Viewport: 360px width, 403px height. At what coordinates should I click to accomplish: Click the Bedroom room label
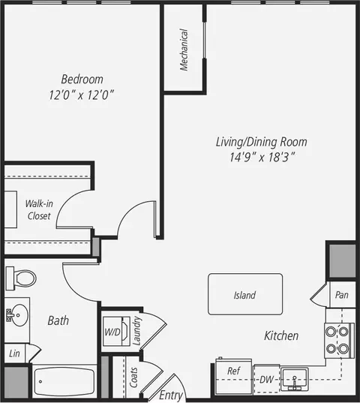(82, 79)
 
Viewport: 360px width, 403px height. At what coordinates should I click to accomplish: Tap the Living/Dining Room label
(250, 141)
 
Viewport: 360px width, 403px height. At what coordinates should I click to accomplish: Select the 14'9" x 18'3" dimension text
(250, 157)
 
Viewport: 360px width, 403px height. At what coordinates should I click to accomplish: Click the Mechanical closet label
(184, 50)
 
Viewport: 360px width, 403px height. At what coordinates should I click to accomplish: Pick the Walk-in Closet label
(38, 209)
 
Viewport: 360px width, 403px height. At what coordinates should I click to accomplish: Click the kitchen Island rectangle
(245, 294)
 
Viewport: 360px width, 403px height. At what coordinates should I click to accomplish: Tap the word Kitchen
(281, 335)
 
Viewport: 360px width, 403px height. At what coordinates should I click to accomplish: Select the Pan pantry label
(342, 295)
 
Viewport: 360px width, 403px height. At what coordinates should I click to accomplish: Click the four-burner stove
(338, 339)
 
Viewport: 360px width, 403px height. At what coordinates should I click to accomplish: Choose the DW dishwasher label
(266, 380)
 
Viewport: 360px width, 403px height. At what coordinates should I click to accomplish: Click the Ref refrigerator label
(233, 371)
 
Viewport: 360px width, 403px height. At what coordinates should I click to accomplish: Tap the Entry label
(171, 395)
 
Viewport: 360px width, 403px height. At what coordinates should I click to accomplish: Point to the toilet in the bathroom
(20, 278)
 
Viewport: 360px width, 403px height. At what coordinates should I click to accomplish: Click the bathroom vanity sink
(17, 314)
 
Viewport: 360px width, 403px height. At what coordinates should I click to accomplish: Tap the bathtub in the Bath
(64, 383)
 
